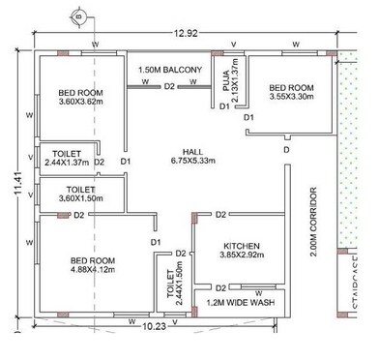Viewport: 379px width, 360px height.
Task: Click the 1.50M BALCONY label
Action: tap(169, 70)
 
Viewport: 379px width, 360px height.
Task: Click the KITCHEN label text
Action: tap(238, 245)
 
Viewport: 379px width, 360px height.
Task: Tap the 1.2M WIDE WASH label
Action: tap(241, 302)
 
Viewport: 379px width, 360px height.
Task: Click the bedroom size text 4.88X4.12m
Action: tap(94, 270)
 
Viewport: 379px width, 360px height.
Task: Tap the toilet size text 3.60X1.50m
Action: tap(81, 197)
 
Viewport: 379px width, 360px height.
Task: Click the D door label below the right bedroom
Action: tap(285, 151)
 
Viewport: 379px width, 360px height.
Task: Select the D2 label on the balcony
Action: tap(169, 87)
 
